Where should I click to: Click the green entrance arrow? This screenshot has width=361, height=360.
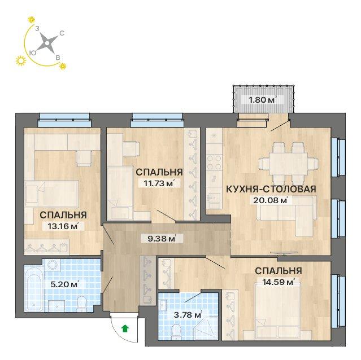pos(125,328)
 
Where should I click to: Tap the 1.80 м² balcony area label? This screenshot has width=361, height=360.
pos(263,100)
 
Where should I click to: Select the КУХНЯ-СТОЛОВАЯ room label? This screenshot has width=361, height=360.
pos(271,189)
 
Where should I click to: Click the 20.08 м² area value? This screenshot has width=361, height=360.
pos(271,200)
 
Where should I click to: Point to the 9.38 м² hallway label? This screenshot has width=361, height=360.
pos(162,239)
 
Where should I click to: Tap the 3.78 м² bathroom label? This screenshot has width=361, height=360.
pos(188,314)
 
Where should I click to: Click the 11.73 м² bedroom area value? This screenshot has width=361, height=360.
pos(159,184)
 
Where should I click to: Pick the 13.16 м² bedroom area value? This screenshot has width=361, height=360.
pos(63,226)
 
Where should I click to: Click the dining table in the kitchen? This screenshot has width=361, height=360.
pos(288,164)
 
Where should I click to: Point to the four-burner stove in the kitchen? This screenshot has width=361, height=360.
pos(214,162)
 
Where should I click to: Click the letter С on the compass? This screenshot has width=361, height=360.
pos(62,33)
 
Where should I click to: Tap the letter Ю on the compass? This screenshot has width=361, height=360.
pos(32,52)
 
